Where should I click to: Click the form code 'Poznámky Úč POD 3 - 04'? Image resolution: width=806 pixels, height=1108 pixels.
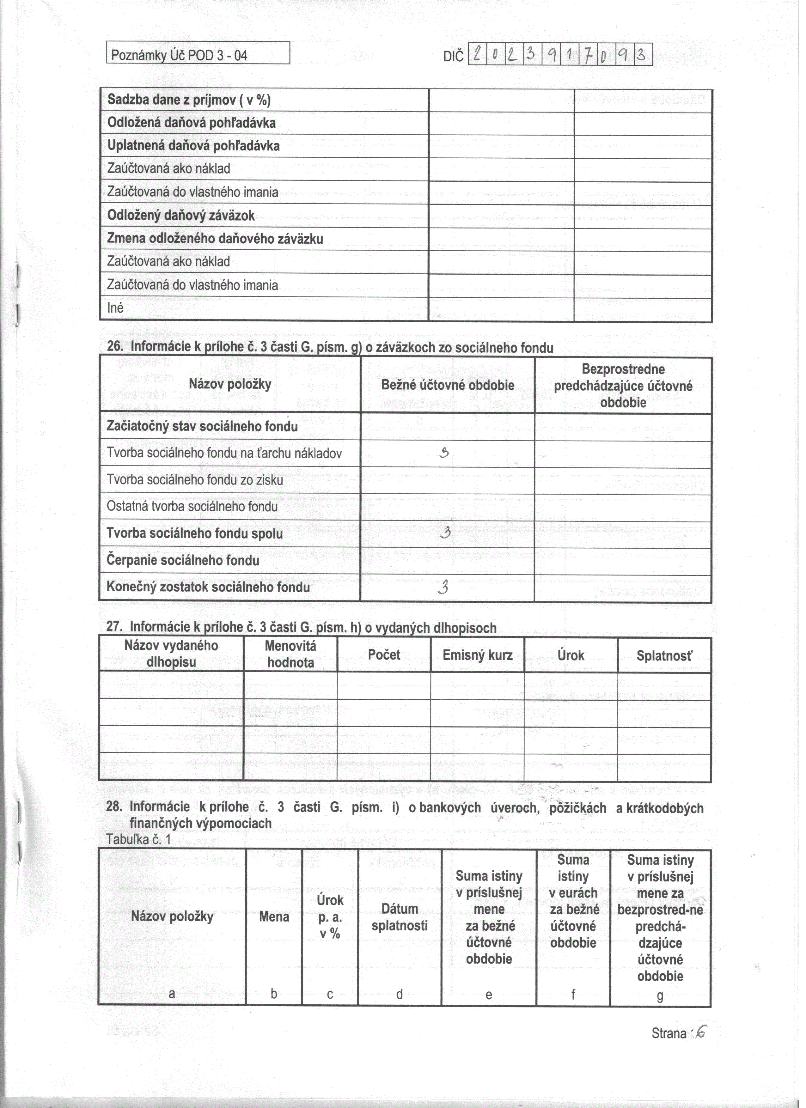(x=179, y=55)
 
